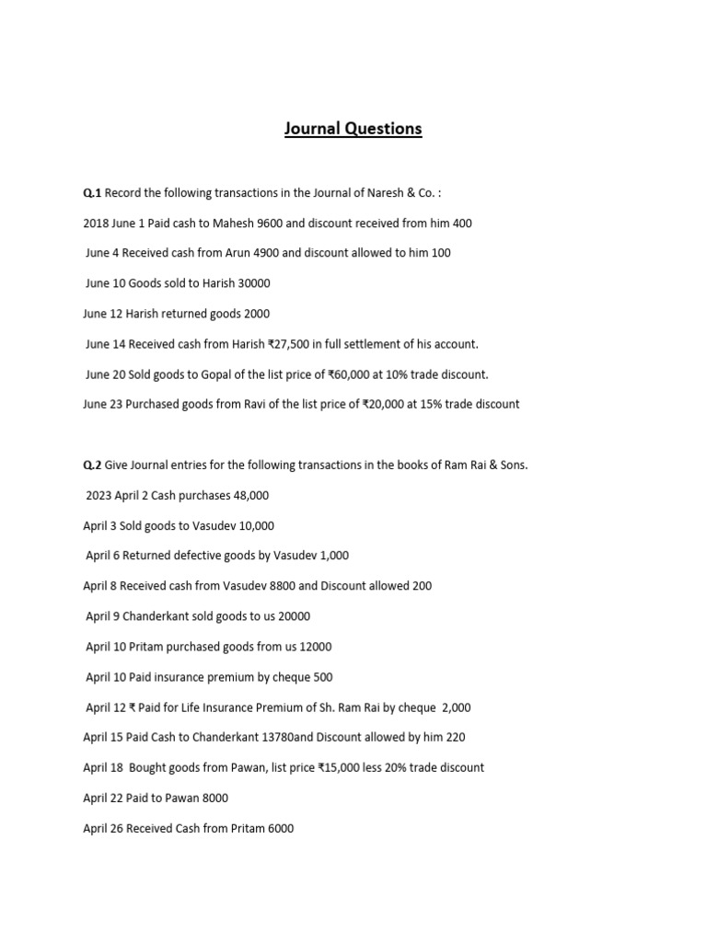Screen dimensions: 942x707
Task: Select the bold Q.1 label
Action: point(92,192)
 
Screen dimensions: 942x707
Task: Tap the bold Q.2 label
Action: point(92,465)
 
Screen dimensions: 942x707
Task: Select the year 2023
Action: point(99,495)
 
